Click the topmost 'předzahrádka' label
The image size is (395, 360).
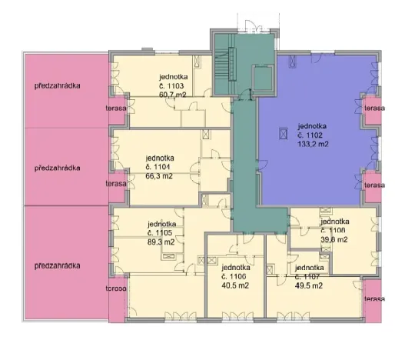[58, 86]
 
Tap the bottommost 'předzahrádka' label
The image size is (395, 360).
[58, 266]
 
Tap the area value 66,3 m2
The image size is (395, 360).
[159, 175]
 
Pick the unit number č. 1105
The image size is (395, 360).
[159, 232]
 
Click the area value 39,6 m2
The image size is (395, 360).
[334, 239]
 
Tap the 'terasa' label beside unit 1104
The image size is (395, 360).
[116, 185]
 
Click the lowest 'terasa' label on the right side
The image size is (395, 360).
[374, 298]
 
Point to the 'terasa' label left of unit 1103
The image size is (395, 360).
[116, 108]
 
